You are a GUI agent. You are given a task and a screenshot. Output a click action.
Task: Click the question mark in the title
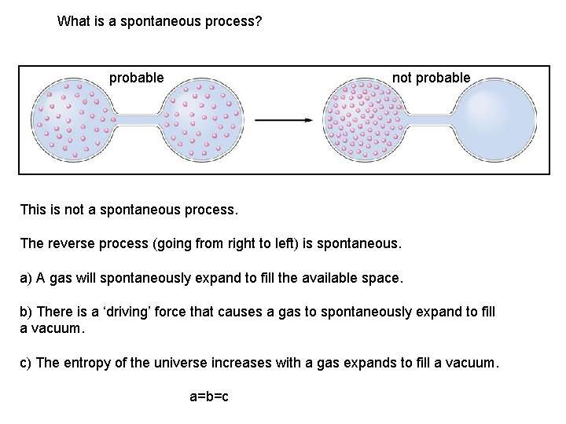(x=258, y=21)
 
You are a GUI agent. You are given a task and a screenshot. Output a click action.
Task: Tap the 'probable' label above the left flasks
(x=136, y=78)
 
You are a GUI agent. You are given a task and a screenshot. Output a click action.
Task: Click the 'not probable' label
(x=431, y=78)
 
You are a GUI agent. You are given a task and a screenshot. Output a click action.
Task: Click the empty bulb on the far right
(x=496, y=119)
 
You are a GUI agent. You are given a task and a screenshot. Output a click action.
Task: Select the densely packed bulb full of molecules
(x=362, y=119)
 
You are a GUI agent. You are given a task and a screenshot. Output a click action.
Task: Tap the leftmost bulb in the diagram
(x=72, y=119)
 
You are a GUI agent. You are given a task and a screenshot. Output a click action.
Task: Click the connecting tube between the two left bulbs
(x=138, y=119)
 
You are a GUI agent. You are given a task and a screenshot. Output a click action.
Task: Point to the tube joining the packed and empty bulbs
(x=429, y=119)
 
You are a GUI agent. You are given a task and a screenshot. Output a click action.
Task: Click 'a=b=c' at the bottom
(x=209, y=397)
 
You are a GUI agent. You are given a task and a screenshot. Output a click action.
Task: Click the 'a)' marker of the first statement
(x=26, y=278)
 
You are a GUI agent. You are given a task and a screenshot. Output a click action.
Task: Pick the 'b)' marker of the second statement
(x=26, y=312)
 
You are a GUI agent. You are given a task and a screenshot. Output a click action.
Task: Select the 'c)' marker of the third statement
(x=26, y=363)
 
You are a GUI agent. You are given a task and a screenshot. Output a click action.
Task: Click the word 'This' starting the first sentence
(x=33, y=210)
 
